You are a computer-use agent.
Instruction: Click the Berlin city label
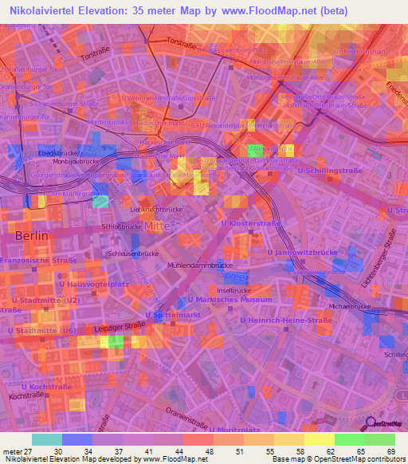coord(33,236)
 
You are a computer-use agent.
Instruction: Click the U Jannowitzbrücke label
coord(302,252)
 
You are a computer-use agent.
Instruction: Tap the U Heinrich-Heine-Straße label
coord(285,320)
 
